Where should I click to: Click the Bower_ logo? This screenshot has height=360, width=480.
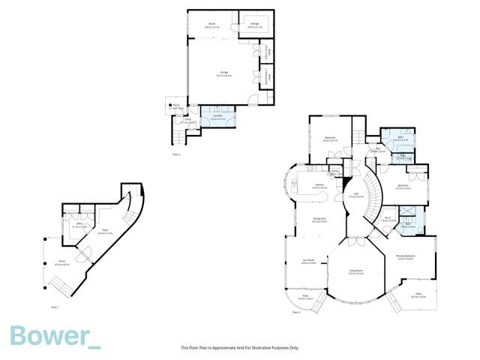(x=54, y=336)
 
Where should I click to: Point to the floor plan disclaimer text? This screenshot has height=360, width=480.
(x=240, y=348)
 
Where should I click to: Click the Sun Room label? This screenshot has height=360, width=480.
(x=307, y=262)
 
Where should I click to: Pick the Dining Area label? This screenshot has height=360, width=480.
(x=319, y=220)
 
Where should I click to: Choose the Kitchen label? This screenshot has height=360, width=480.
(x=319, y=185)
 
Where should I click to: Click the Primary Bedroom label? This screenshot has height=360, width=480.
(x=406, y=258)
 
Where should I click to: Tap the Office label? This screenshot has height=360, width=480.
(x=77, y=224)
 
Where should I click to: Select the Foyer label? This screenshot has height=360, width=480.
(x=105, y=232)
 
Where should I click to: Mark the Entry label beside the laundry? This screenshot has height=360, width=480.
(x=190, y=121)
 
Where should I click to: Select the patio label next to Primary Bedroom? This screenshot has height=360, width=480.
(x=418, y=296)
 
